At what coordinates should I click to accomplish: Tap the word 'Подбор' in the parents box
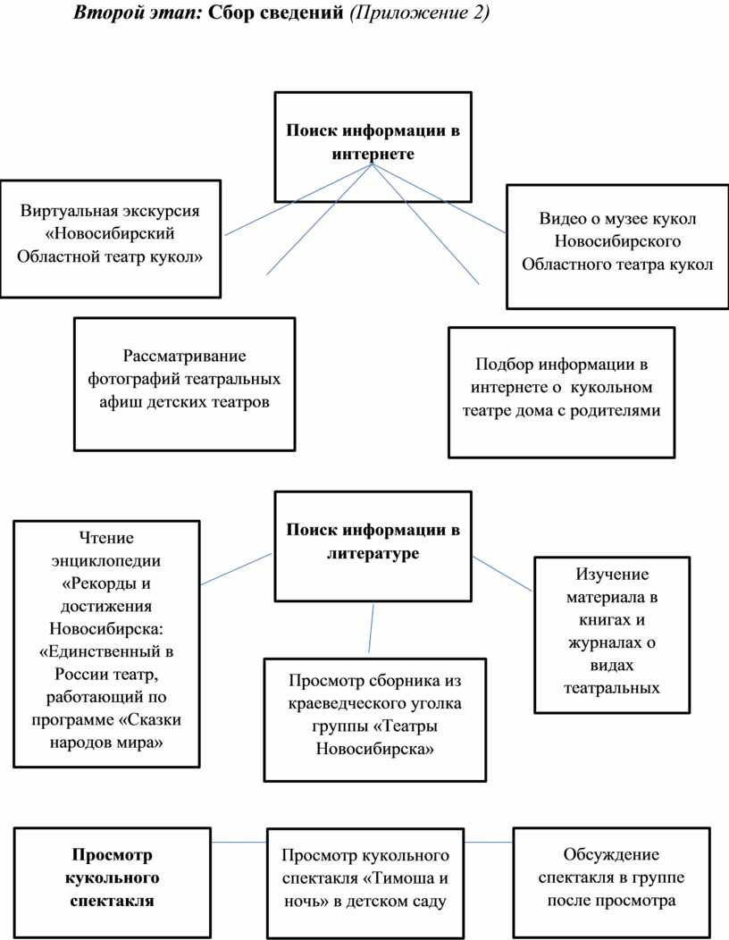[500, 365]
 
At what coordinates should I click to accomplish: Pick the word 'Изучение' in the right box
[612, 574]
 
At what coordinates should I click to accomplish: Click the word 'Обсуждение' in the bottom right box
[611, 854]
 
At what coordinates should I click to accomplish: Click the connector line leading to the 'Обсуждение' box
[489, 842]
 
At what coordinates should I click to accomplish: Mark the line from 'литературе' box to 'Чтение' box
[237, 569]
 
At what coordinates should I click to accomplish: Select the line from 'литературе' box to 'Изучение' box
[502, 572]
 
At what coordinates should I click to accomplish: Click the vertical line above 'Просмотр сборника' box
[370, 629]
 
